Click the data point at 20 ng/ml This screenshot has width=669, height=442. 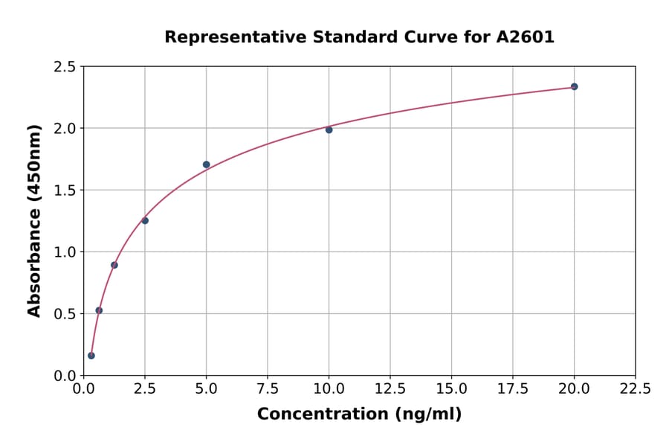pyautogui.click(x=574, y=86)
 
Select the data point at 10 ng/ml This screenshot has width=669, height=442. pyautogui.click(x=329, y=129)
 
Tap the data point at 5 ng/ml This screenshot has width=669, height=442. pyautogui.click(x=206, y=164)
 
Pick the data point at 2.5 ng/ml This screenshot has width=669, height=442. pyautogui.click(x=145, y=220)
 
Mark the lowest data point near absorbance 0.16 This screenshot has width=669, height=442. pyautogui.click(x=91, y=356)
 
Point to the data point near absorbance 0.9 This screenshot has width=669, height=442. pyautogui.click(x=114, y=265)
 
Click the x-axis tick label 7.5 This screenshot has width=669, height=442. pyautogui.click(x=268, y=389)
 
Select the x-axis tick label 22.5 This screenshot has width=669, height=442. pyautogui.click(x=636, y=389)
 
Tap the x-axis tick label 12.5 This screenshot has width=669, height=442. pyautogui.click(x=390, y=389)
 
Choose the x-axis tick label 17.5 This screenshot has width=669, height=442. pyautogui.click(x=513, y=389)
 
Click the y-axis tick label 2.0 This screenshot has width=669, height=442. pyautogui.click(x=64, y=129)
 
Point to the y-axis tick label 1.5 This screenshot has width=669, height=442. pyautogui.click(x=64, y=190)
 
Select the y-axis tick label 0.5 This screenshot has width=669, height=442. pyautogui.click(x=64, y=314)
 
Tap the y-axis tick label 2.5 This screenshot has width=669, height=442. pyautogui.click(x=64, y=67)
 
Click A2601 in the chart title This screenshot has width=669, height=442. pyautogui.click(x=526, y=37)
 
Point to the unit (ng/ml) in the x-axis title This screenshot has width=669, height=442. pyautogui.click(x=427, y=414)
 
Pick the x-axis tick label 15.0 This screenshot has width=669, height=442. pyautogui.click(x=451, y=389)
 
